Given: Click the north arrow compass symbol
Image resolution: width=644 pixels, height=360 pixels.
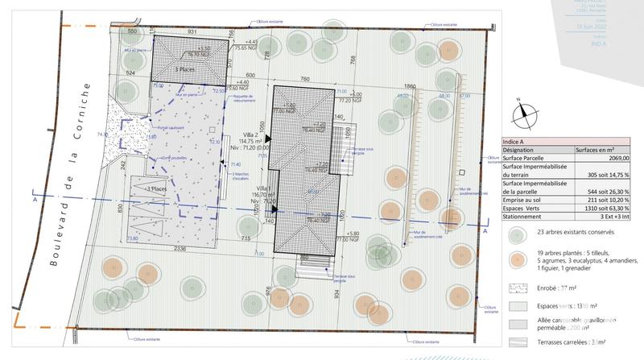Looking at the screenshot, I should [x=525, y=113].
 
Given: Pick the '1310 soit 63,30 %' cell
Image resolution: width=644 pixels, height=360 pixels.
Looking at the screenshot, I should [x=602, y=209].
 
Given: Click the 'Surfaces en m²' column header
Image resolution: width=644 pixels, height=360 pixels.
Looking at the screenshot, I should [x=596, y=151].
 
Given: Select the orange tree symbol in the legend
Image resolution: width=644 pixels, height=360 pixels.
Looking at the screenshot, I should [x=516, y=260].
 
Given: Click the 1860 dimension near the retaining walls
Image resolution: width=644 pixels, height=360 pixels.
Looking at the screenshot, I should [x=411, y=86].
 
